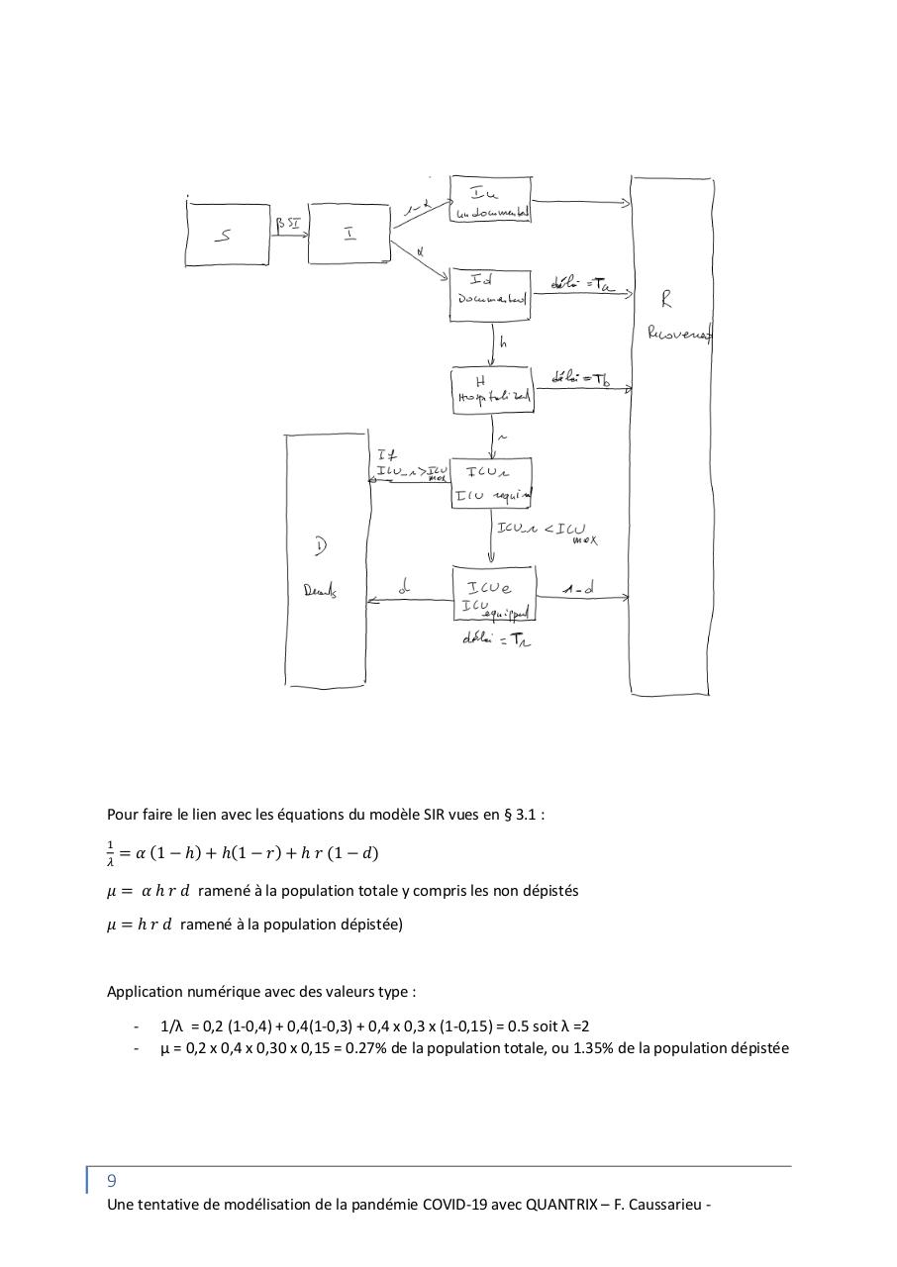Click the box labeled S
point(228,235)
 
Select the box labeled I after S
point(349,235)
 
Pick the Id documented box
point(490,293)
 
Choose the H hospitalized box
point(492,389)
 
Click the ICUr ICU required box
point(491,482)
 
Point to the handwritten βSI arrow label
point(288,225)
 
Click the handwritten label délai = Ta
point(582,285)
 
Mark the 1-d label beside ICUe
point(578,589)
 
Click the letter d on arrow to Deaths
point(403,588)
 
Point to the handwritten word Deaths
point(320,591)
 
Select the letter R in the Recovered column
point(666,299)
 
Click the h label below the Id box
point(503,342)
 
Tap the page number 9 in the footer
point(112,1180)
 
